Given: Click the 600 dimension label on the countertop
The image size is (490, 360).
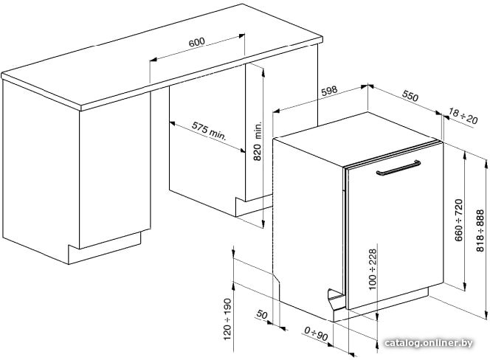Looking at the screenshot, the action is [x=196, y=42].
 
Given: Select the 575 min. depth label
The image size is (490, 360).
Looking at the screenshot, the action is [x=209, y=131].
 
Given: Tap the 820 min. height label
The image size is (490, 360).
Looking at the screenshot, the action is [x=258, y=141].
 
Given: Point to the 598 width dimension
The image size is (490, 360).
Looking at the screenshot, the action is [x=329, y=91].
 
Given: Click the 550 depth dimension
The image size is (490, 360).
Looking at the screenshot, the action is [x=410, y=96].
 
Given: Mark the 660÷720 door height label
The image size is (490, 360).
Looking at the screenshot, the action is [x=459, y=220].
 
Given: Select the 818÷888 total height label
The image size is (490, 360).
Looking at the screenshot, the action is [x=480, y=231].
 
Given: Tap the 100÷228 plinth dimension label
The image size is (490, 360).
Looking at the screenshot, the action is [x=373, y=269].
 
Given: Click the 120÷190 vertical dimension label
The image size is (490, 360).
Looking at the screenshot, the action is [x=227, y=319].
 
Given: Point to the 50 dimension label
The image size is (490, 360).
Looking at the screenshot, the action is [x=262, y=314].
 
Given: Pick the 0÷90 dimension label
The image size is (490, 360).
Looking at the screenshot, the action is [x=316, y=333].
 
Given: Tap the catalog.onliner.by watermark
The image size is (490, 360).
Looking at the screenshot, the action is [x=429, y=343].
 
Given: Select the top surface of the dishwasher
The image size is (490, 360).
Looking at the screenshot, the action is [x=356, y=137].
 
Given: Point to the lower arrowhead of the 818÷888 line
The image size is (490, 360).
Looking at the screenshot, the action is [x=486, y=315].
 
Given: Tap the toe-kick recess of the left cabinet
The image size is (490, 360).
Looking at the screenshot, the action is [x=104, y=248].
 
